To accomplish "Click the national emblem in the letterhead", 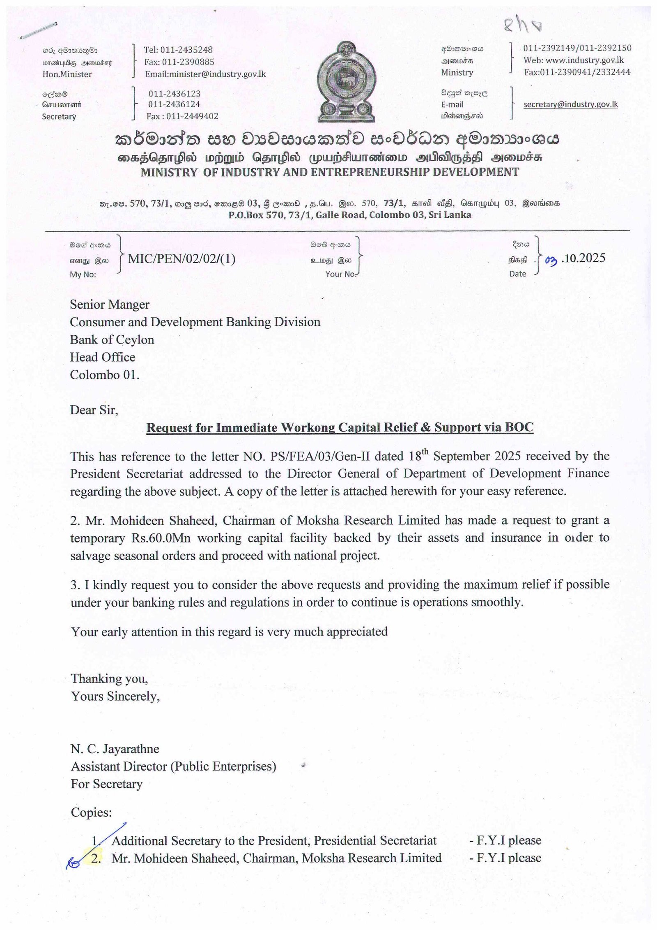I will click(x=347, y=81).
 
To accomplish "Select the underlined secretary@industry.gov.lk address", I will click(x=570, y=104).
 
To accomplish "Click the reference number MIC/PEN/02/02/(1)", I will click(x=181, y=258).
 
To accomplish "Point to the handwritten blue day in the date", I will click(x=551, y=259).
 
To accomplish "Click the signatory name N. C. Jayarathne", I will click(x=115, y=749).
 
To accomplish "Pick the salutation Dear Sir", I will click(x=94, y=410).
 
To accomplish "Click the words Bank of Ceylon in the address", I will click(x=112, y=339).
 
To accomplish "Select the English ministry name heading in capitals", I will click(x=330, y=172).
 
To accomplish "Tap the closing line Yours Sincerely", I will click(x=115, y=696).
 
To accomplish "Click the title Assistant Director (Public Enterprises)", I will click(x=173, y=766).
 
